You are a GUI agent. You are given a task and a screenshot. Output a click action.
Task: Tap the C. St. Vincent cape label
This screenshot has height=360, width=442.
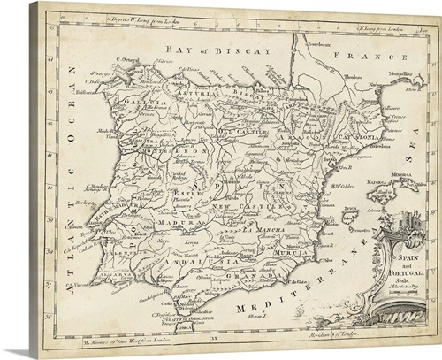coord(81,285)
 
